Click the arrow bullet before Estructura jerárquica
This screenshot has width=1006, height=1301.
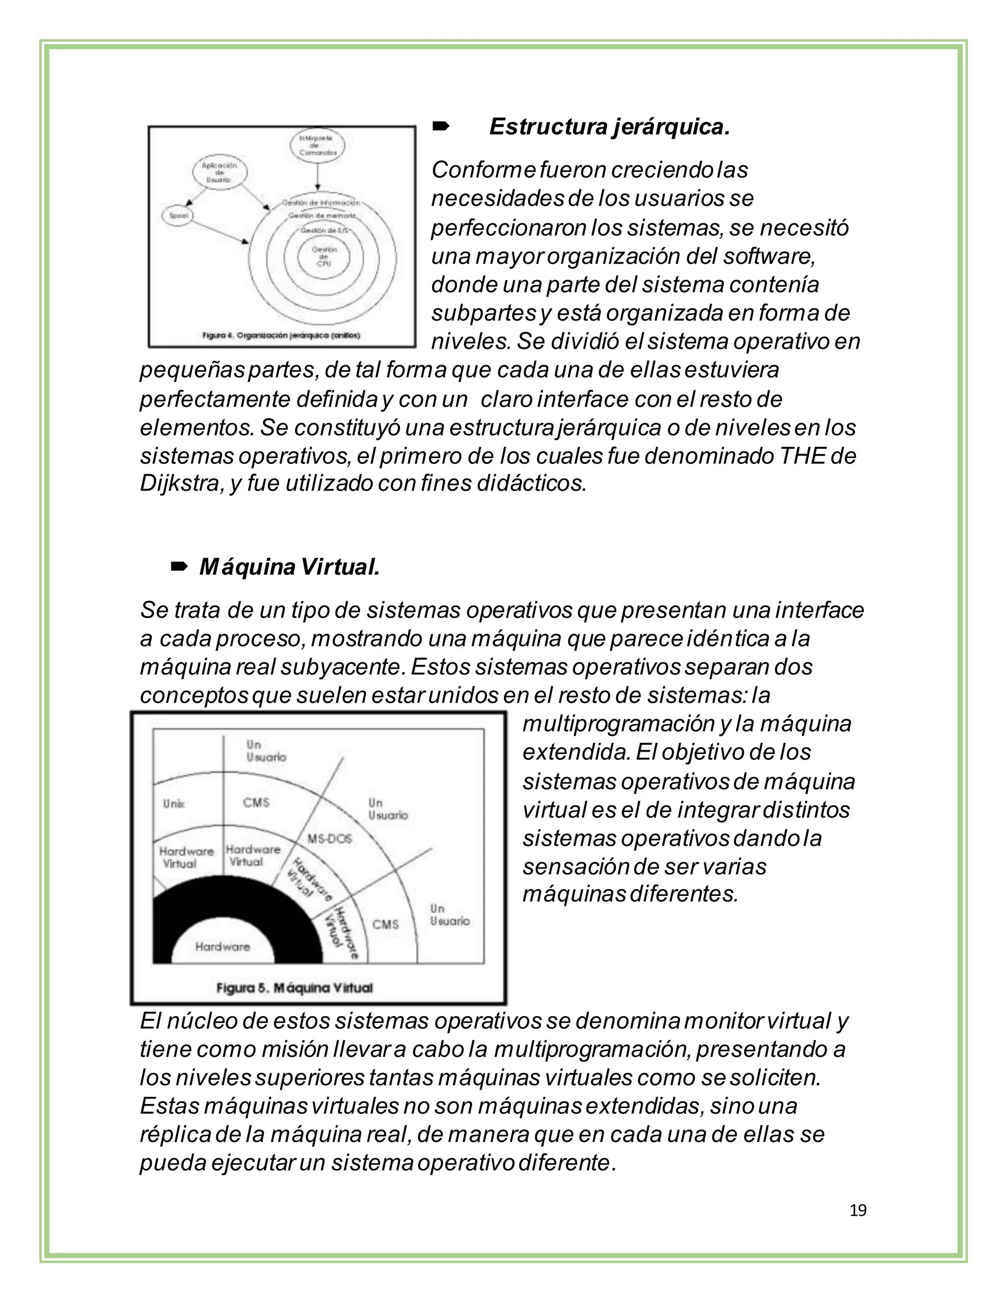pos(441,126)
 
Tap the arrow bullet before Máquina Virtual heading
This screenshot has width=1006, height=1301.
pos(179,567)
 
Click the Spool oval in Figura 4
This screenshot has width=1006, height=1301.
pos(178,216)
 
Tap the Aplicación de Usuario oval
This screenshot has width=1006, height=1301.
pos(219,173)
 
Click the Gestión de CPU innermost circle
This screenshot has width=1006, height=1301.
pos(324,256)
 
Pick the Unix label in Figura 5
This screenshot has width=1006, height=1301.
pos(173,804)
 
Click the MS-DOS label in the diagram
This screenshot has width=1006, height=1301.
pos(330,839)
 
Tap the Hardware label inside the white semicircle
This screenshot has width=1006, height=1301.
pos(223,947)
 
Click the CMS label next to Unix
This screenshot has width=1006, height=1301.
pos(256,802)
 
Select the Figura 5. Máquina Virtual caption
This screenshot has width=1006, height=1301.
pos(294,988)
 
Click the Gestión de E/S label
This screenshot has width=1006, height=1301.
pos(324,230)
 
